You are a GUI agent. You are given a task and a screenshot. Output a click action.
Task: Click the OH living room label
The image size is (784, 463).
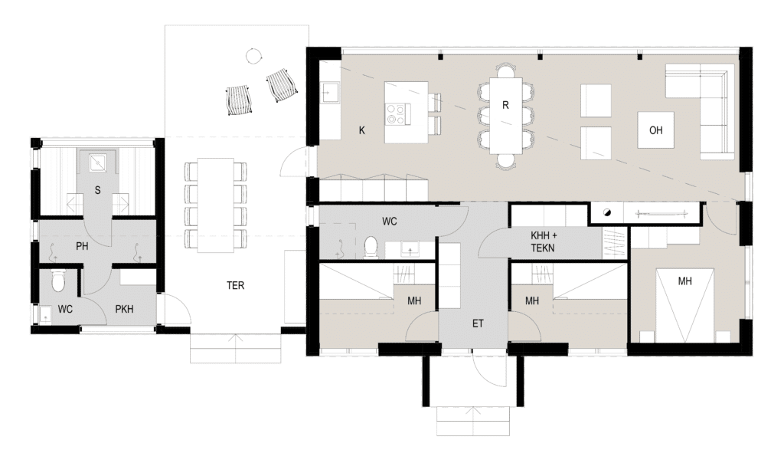click(x=655, y=130)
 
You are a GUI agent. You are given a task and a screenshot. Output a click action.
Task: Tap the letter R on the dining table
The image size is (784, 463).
click(x=505, y=105)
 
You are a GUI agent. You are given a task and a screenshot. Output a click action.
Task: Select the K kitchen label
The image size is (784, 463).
click(x=362, y=130)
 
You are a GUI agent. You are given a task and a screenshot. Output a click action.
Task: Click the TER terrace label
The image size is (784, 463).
click(x=236, y=285)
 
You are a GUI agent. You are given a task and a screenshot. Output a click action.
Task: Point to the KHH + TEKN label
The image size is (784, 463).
click(x=544, y=241)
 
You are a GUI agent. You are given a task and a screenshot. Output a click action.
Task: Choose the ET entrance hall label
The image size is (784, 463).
click(x=478, y=323)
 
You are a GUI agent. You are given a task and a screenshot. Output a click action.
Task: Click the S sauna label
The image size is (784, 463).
click(x=97, y=190)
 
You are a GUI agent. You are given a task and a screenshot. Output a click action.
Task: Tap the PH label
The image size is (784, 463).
click(x=82, y=246)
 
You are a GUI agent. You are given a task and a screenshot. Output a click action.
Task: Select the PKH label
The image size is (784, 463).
click(x=125, y=310)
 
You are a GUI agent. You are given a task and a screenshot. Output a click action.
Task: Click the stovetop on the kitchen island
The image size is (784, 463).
click(x=398, y=113)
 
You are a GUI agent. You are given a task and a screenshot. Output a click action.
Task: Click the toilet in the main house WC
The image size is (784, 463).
click(x=371, y=248)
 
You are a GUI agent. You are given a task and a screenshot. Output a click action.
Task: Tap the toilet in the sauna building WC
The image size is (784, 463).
click(x=58, y=281)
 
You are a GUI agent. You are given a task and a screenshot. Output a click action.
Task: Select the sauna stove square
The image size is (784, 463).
click(x=97, y=161)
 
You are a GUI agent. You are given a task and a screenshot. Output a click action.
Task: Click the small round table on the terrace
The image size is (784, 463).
click(x=253, y=55)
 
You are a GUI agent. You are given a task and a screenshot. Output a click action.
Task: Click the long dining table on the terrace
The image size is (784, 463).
click(x=215, y=205)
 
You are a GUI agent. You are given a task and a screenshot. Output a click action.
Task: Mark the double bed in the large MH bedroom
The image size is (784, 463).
click(x=684, y=306)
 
